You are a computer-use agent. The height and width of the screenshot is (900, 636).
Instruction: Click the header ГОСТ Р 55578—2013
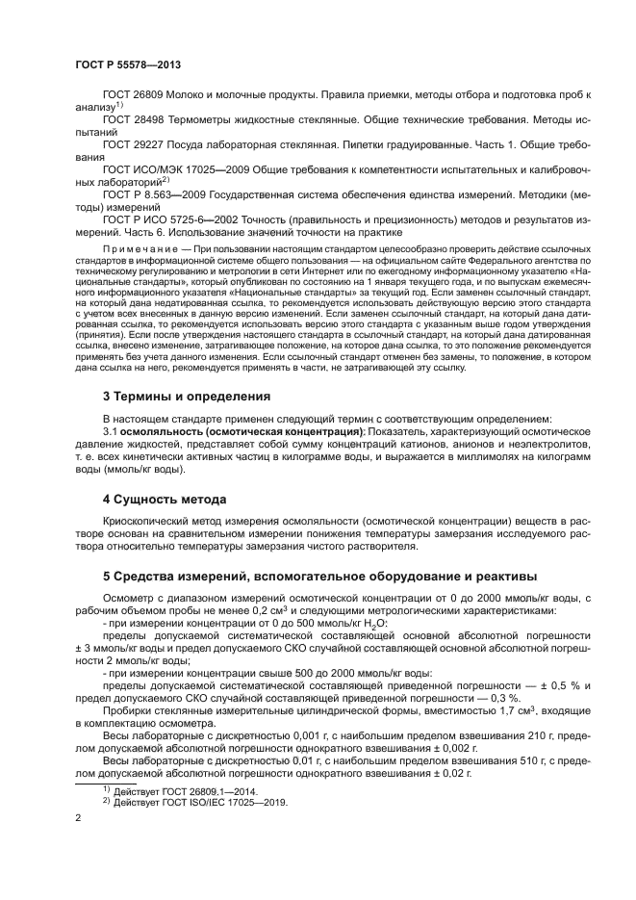click(x=128, y=64)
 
